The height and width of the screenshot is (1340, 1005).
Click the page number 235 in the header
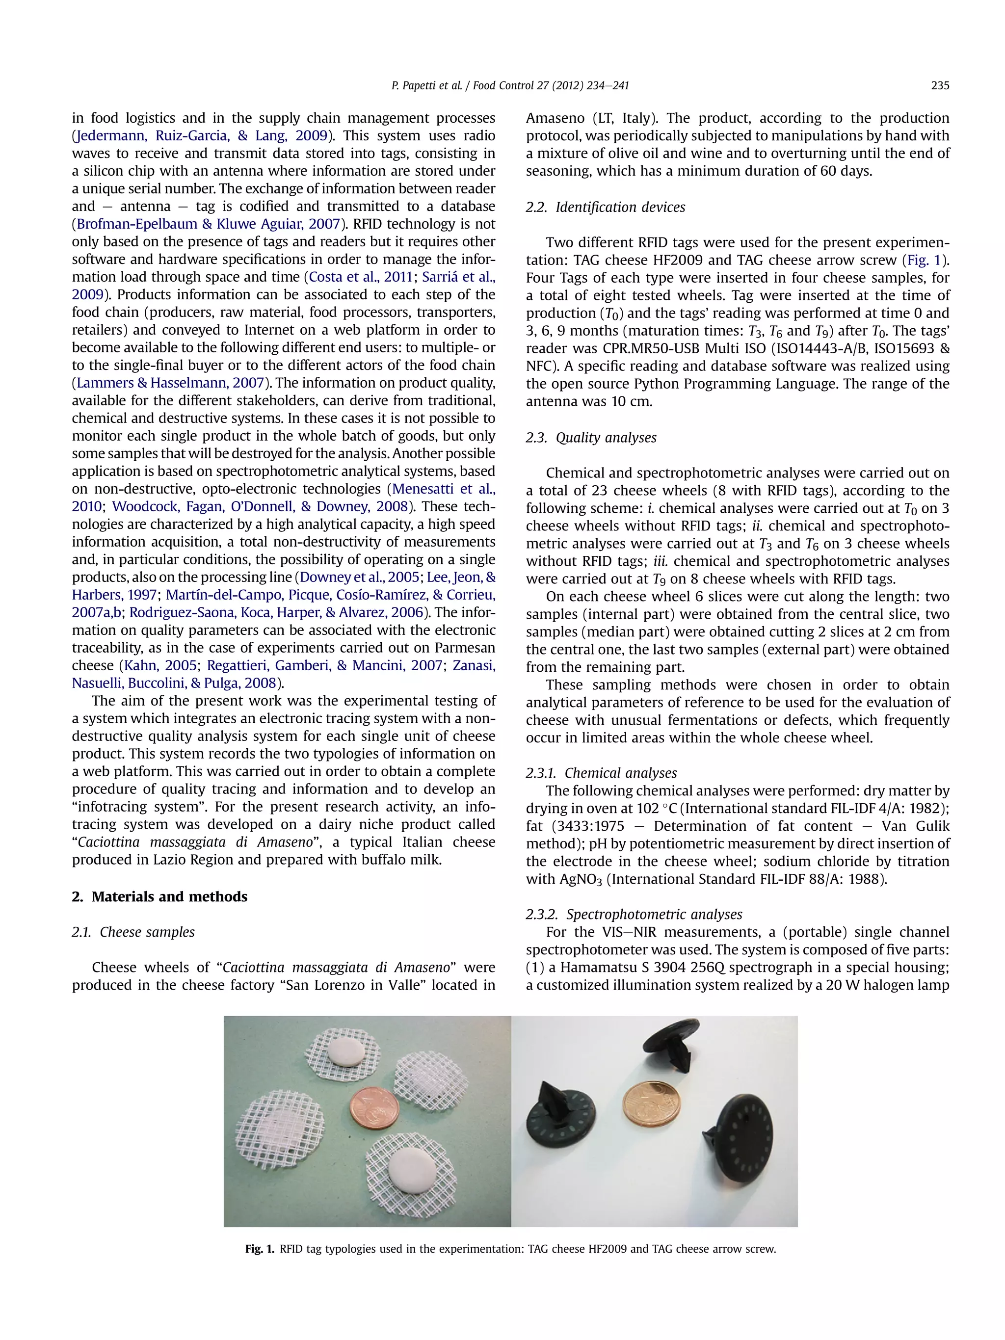[x=940, y=86]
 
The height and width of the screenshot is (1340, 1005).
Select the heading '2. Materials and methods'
[x=159, y=896]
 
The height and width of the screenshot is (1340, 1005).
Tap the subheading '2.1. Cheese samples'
[x=133, y=932]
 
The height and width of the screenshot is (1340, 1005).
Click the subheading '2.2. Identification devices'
[x=605, y=207]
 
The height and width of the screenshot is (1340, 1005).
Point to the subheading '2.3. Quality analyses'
[x=591, y=437]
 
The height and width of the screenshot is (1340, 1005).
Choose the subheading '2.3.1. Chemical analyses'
[x=601, y=773]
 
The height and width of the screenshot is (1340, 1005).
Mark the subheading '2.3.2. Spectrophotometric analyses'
[x=634, y=914]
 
